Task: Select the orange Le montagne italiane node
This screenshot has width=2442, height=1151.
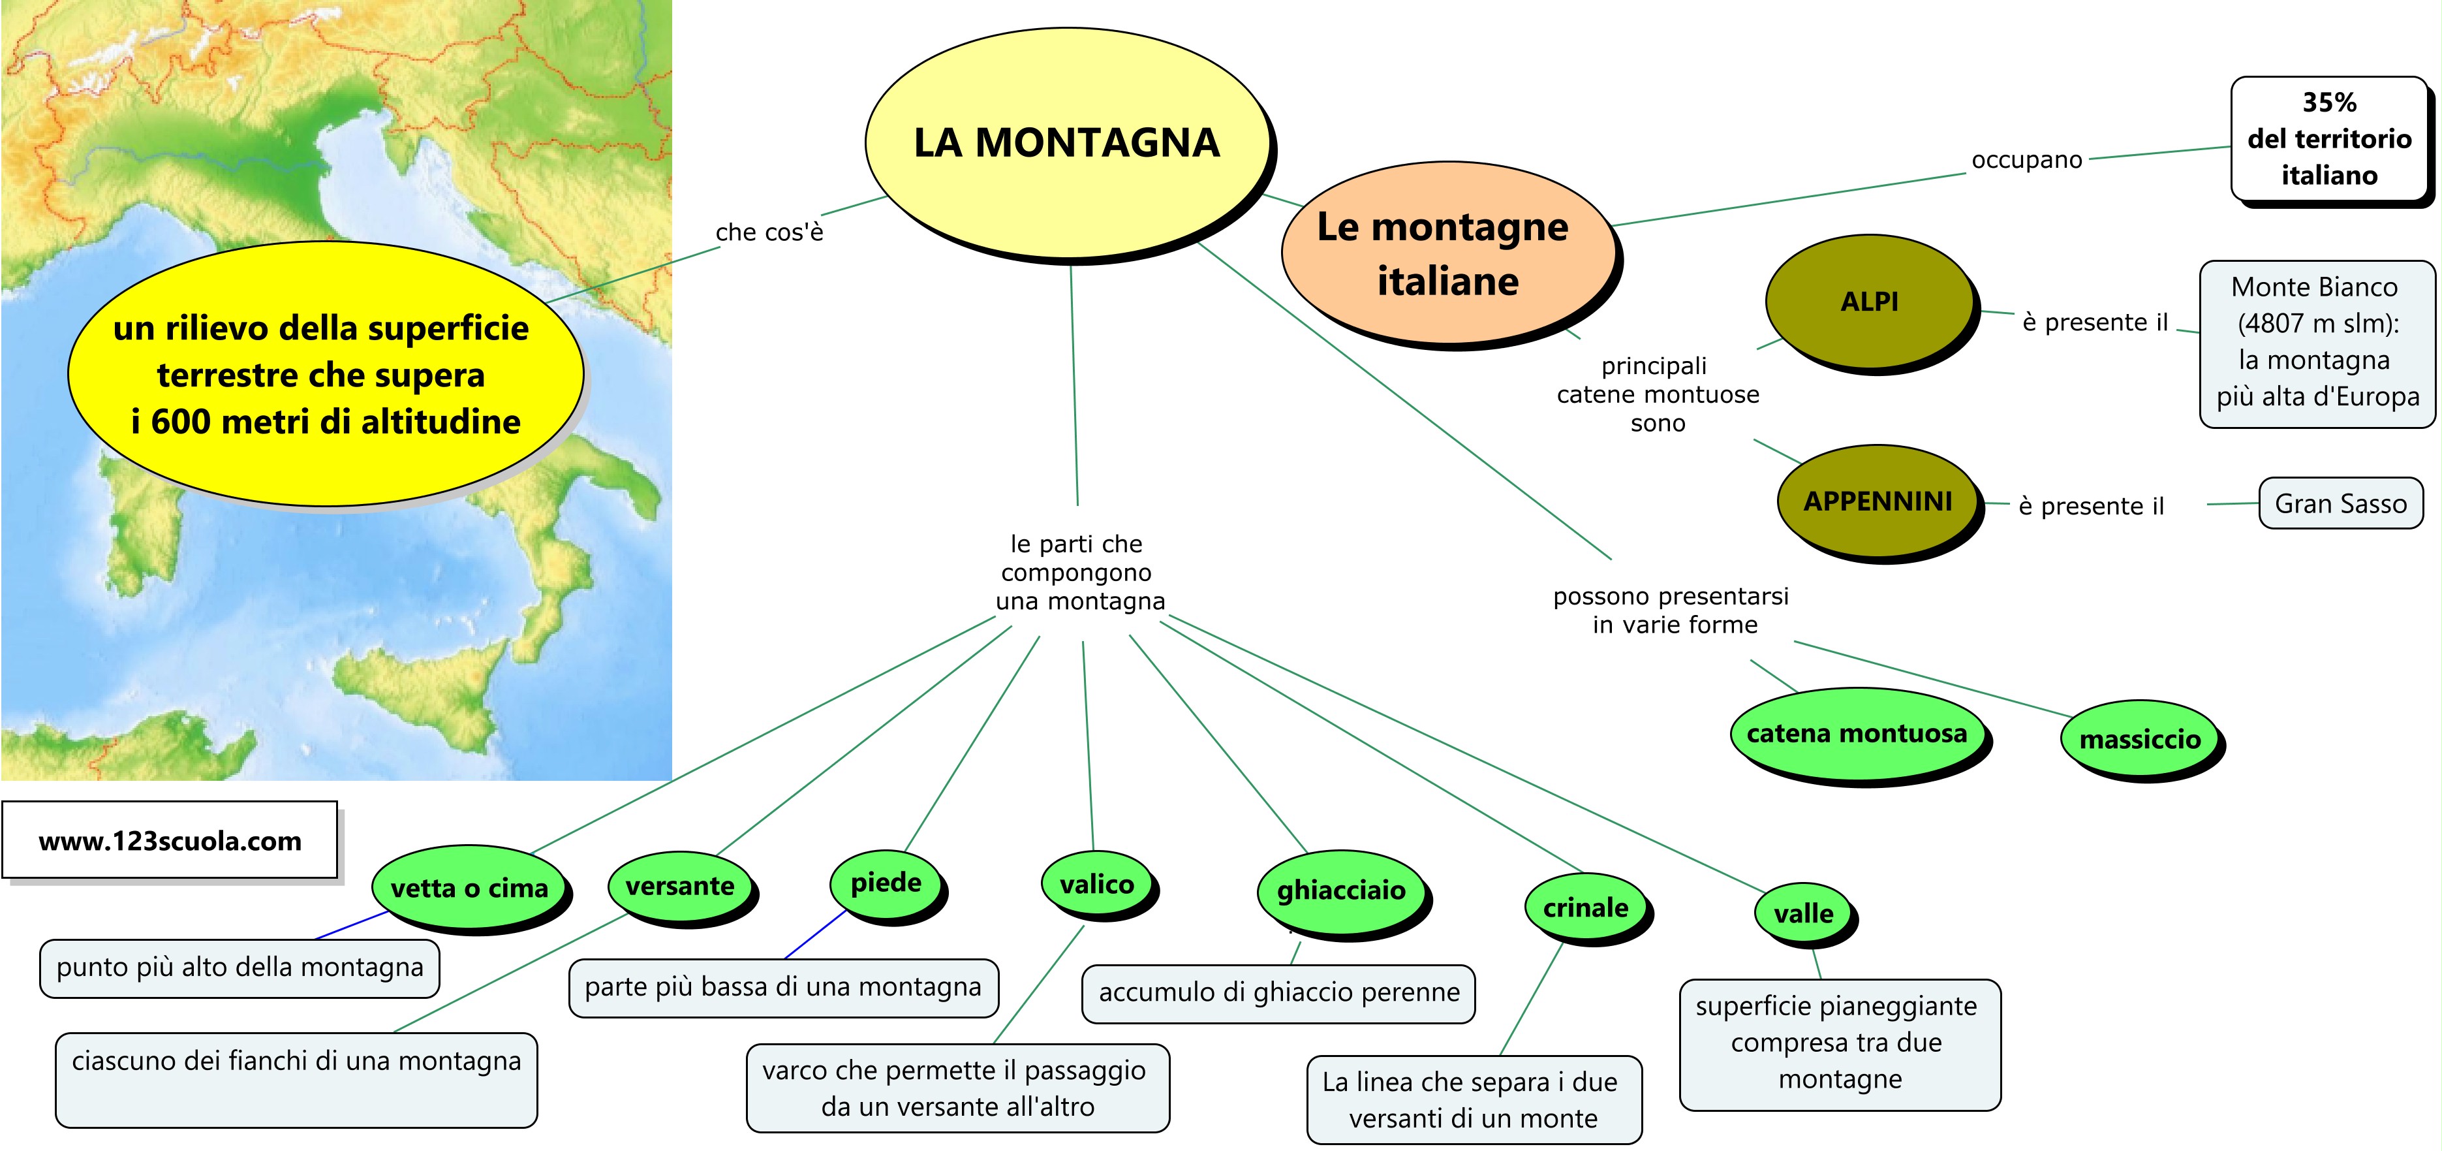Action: pyautogui.click(x=1447, y=252)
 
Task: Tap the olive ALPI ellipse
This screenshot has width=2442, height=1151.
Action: pyautogui.click(x=1870, y=302)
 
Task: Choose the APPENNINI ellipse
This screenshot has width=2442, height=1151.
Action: pyautogui.click(x=1878, y=501)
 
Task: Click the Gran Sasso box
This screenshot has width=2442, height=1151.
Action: pyautogui.click(x=2341, y=503)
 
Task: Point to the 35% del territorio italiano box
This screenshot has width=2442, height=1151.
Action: pyautogui.click(x=2329, y=138)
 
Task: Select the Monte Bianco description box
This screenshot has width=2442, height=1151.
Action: pyautogui.click(x=2317, y=343)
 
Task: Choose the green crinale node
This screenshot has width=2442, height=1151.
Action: pyautogui.click(x=1586, y=907)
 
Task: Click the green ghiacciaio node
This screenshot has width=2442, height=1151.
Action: pyautogui.click(x=1340, y=891)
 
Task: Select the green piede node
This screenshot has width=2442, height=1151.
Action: pyautogui.click(x=886, y=883)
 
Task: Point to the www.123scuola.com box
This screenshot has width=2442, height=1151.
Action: pyautogui.click(x=170, y=841)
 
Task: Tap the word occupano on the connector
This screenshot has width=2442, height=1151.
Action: pyautogui.click(x=2027, y=159)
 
